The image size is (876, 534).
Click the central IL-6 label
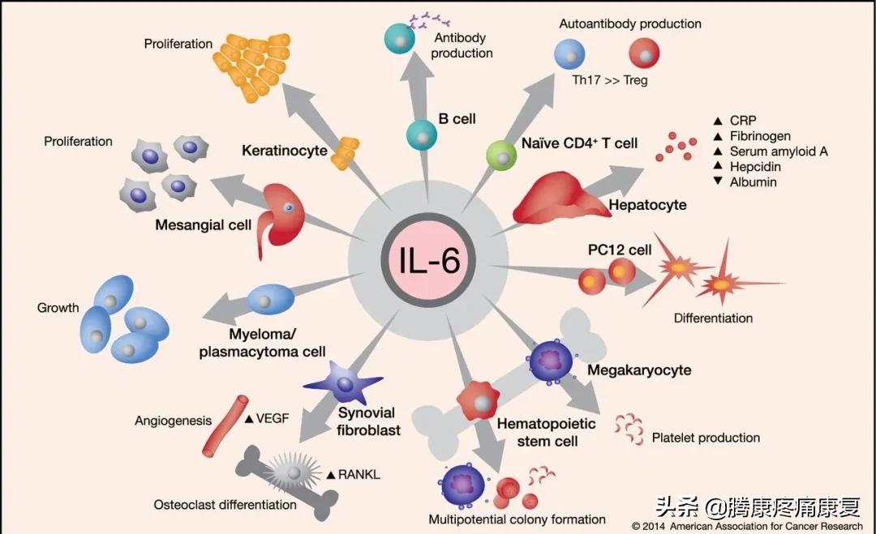click(x=428, y=262)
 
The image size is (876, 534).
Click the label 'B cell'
click(x=457, y=119)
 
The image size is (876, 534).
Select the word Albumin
click(x=754, y=182)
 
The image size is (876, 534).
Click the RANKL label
click(x=357, y=474)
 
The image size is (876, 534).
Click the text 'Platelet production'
click(x=706, y=438)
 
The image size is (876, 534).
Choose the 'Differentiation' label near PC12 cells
click(x=713, y=318)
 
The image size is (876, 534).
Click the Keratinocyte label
click(x=285, y=150)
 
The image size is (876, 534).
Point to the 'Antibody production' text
click(x=462, y=46)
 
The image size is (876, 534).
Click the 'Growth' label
click(x=58, y=308)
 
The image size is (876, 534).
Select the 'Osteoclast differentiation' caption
click(x=225, y=505)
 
